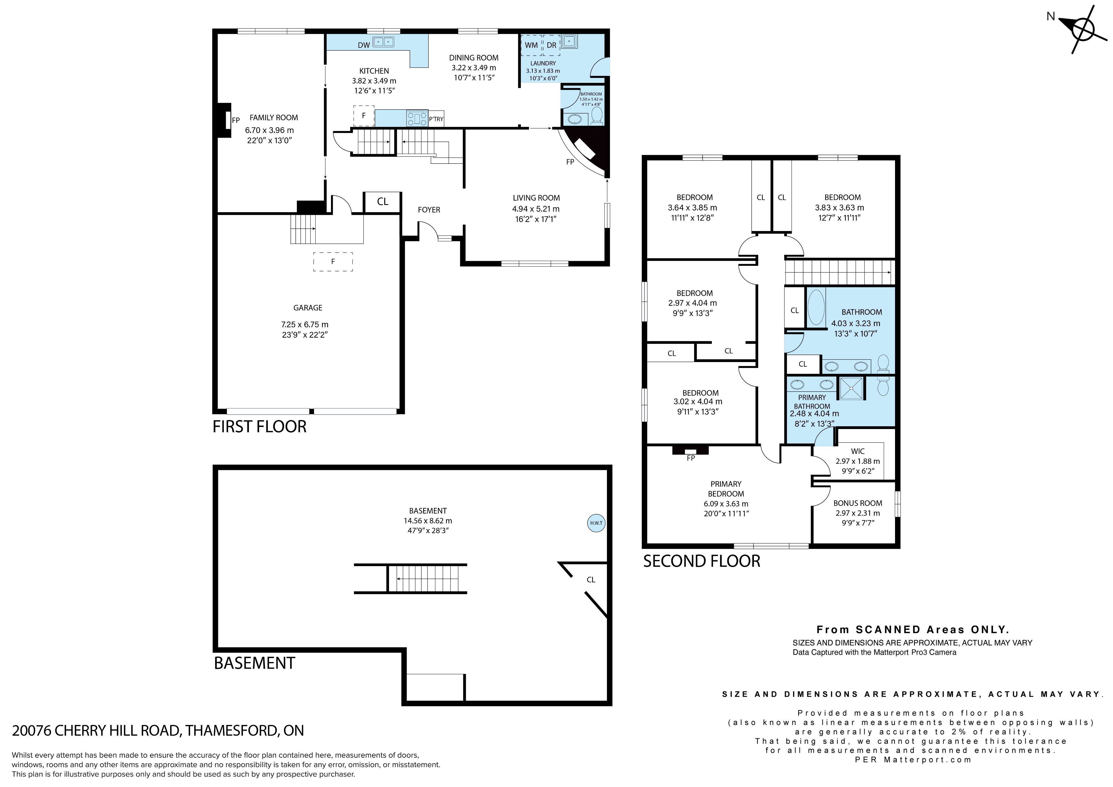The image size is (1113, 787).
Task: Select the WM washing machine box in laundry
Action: pyautogui.click(x=531, y=45)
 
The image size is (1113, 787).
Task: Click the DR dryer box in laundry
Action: pyautogui.click(x=551, y=45)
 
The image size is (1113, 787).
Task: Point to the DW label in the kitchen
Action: pyautogui.click(x=363, y=45)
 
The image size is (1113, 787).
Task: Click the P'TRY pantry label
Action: pyautogui.click(x=436, y=119)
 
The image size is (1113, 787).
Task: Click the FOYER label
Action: pyautogui.click(x=429, y=210)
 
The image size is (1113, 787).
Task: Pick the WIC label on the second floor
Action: pyautogui.click(x=858, y=451)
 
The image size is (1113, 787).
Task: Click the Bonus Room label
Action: pyautogui.click(x=858, y=503)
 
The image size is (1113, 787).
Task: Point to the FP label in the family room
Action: pyautogui.click(x=236, y=120)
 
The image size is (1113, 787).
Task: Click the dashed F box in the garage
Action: pyautogui.click(x=333, y=262)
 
